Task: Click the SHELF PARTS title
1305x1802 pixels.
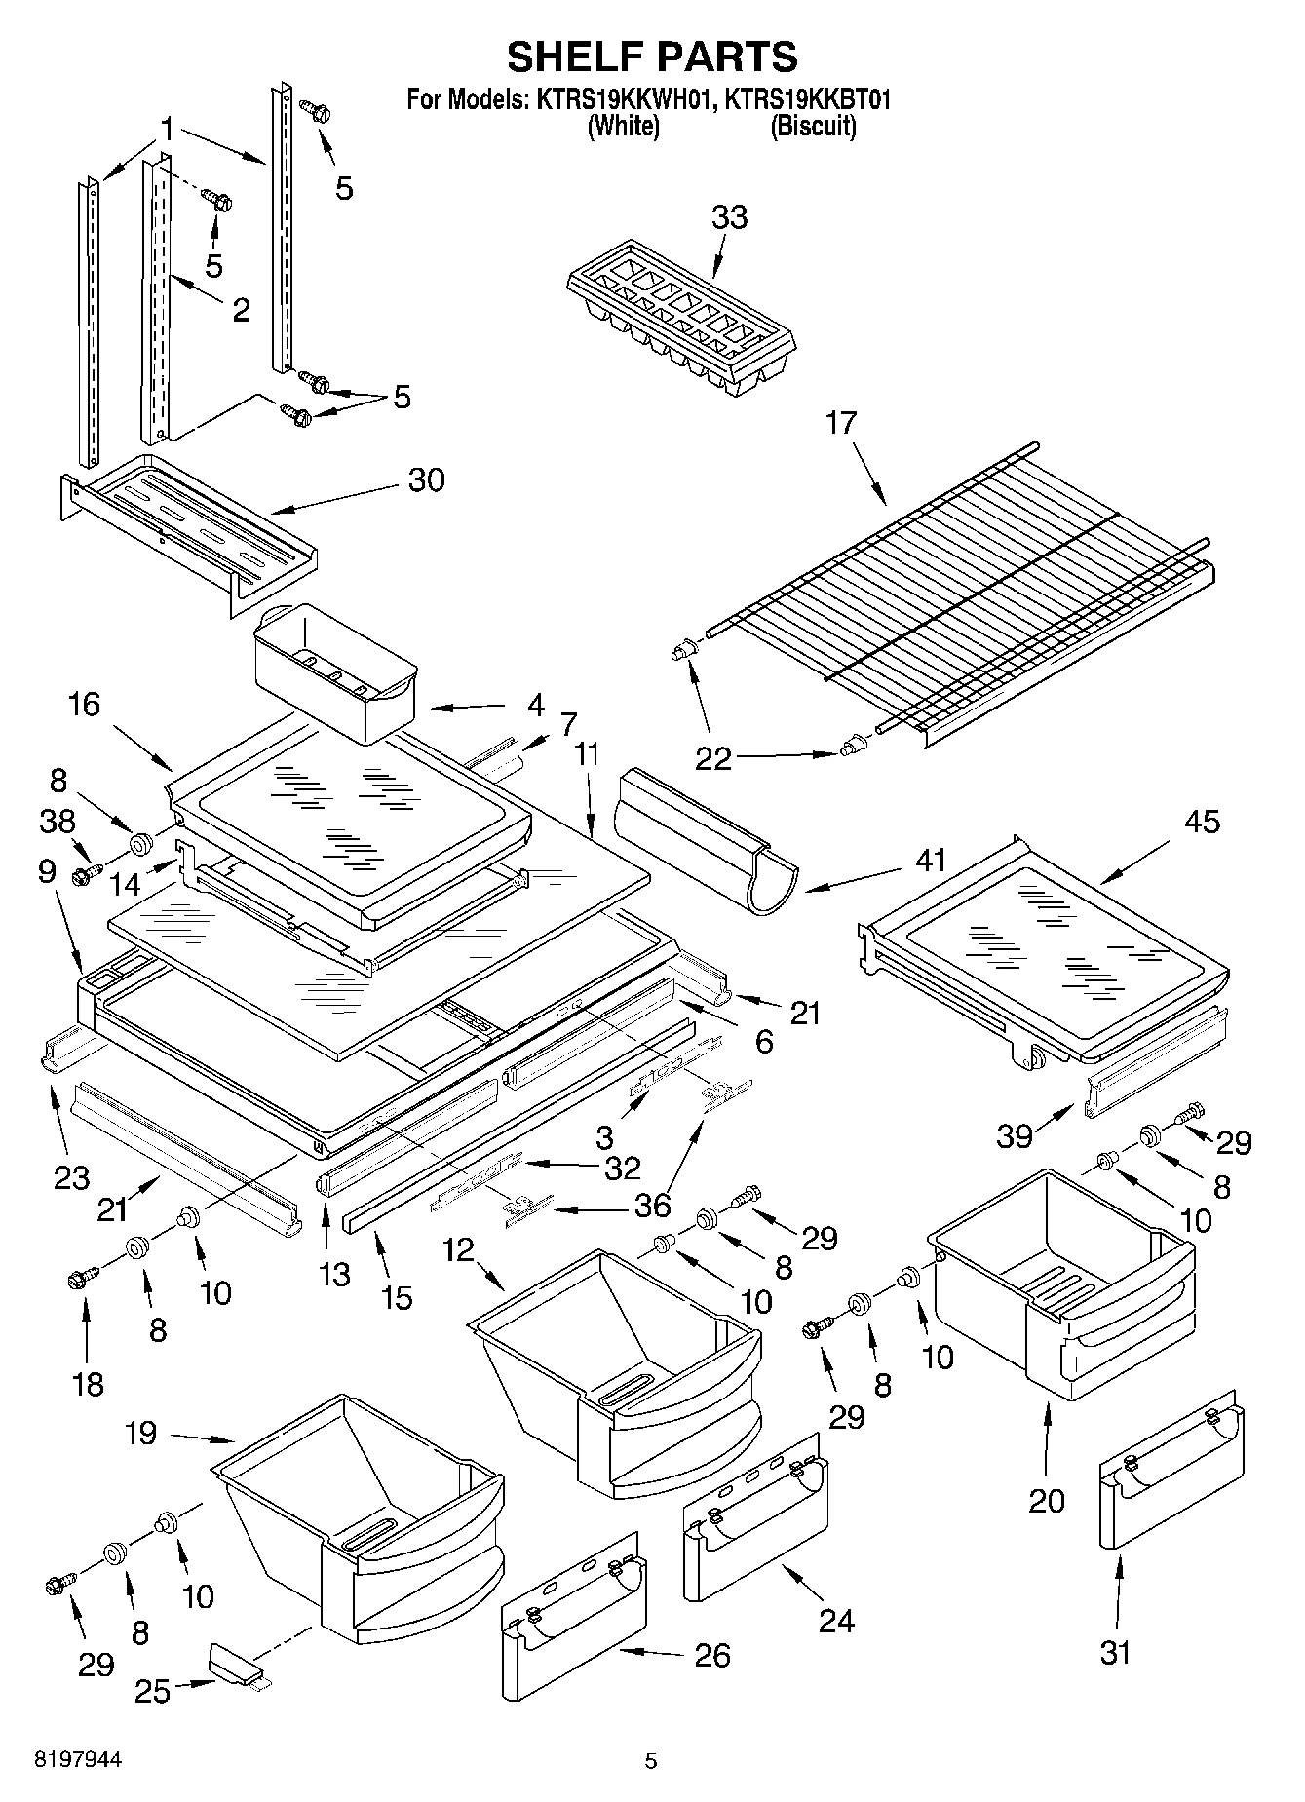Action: coord(651,57)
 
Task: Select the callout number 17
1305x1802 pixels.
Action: coord(841,422)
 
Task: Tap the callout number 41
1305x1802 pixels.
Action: coord(932,860)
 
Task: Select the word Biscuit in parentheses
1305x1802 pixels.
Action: coord(813,127)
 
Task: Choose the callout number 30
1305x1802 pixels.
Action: coord(426,479)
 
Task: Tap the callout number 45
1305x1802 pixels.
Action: coord(1201,822)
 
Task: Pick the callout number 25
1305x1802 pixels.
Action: coord(153,1690)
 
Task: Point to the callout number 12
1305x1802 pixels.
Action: coord(459,1248)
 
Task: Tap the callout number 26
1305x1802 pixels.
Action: coord(712,1655)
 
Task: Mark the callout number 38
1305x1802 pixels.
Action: coord(58,822)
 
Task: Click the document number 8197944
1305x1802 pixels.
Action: coord(78,1760)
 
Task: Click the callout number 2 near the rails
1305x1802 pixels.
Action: coord(240,309)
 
